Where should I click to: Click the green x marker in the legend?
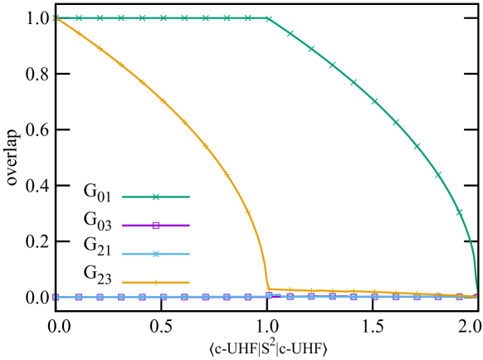[155, 197]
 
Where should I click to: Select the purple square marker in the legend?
[155, 225]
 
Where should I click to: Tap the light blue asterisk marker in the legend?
[155, 254]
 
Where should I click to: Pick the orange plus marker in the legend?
[155, 282]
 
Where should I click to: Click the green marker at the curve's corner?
[269, 18]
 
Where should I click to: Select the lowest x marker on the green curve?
[459, 212]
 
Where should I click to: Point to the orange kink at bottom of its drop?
[268, 289]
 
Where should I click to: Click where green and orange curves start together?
[56, 17]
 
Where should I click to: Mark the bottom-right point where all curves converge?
[476, 295]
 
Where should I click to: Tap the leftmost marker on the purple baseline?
[56, 296]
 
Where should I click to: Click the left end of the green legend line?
[123, 197]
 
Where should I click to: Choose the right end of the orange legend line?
[189, 282]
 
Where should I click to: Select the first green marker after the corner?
[290, 34]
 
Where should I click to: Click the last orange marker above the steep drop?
[247, 212]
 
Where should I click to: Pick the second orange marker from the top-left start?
[79, 33]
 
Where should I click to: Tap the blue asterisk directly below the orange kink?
[269, 295]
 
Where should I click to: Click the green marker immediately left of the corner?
[247, 17]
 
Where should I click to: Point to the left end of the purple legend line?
[123, 225]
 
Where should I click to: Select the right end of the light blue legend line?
[189, 254]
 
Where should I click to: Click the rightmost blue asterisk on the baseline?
[459, 296]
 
